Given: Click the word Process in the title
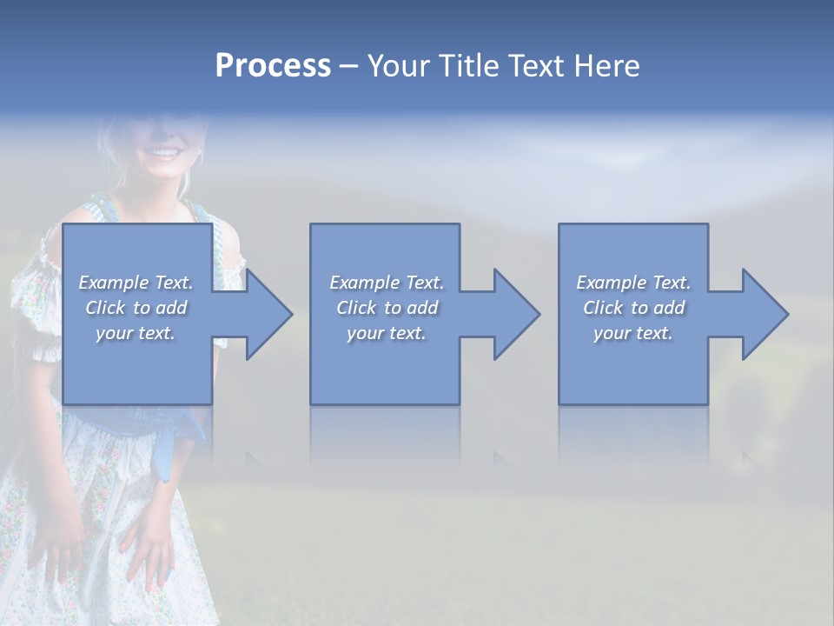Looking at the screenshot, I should (x=273, y=66).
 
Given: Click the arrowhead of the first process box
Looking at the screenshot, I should (x=268, y=314).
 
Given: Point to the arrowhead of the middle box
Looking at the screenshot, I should (x=516, y=314).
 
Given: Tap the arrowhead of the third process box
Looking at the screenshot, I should (x=764, y=314).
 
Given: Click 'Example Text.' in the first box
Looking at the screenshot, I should (x=136, y=283).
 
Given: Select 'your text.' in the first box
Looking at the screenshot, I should (x=136, y=333).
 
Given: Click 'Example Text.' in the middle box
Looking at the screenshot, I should (x=386, y=283).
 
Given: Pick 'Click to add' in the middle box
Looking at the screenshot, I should (x=386, y=308).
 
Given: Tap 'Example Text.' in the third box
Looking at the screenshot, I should (x=633, y=283).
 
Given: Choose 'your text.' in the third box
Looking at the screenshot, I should (x=633, y=333).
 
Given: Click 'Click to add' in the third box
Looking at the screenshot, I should (x=633, y=308).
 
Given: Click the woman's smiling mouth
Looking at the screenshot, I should (x=162, y=154).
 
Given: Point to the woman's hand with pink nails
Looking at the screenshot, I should (x=148, y=548).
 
